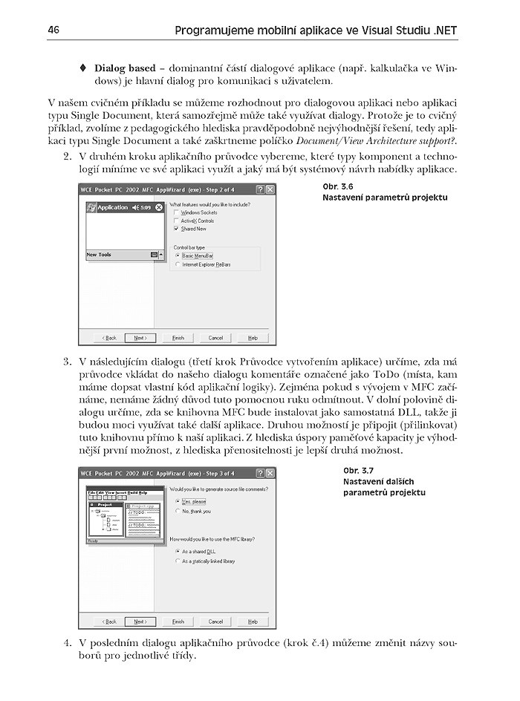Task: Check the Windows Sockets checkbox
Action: coord(175,212)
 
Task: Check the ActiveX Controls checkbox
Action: coord(175,221)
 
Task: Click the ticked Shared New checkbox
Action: coord(175,229)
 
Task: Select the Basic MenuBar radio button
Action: coord(178,255)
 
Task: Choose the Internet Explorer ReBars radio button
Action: coord(178,264)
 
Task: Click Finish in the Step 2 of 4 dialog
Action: coord(178,337)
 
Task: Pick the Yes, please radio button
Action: coord(176,501)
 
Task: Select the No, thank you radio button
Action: coord(176,511)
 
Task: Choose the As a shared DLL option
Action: coord(176,552)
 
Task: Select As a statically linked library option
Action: coord(176,561)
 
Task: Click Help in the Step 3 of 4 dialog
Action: coord(253,622)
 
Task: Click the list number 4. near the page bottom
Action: coord(67,641)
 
